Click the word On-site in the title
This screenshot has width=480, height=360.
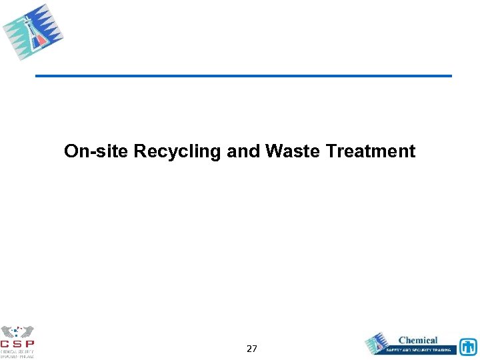point(97,151)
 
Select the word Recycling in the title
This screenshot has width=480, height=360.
point(177,151)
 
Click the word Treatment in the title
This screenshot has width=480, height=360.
point(371,151)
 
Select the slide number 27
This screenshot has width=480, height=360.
point(252,349)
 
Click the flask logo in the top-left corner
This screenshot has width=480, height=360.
point(33,32)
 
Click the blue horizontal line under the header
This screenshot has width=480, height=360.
point(243,76)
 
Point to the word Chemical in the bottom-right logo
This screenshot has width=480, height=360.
point(418,340)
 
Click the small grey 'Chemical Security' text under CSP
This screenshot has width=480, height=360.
point(17,352)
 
